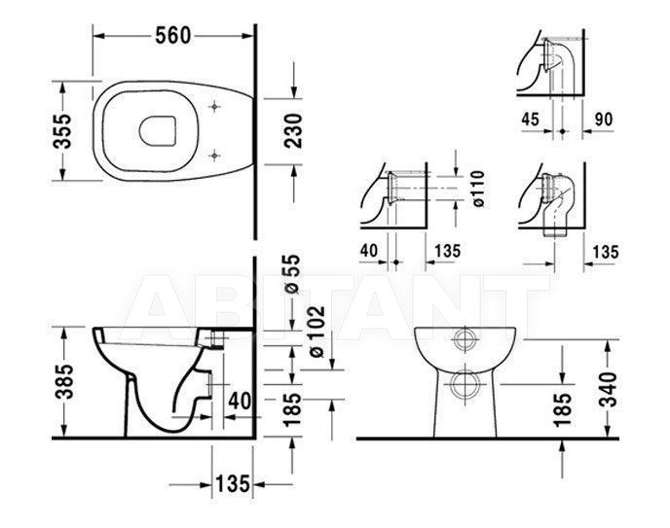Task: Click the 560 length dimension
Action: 172,35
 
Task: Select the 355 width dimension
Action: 62,131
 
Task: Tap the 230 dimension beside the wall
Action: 293,130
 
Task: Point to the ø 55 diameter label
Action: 292,274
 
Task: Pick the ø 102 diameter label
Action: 317,332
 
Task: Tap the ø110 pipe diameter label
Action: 479,189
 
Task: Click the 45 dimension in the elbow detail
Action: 531,119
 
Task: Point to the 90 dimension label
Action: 604,120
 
